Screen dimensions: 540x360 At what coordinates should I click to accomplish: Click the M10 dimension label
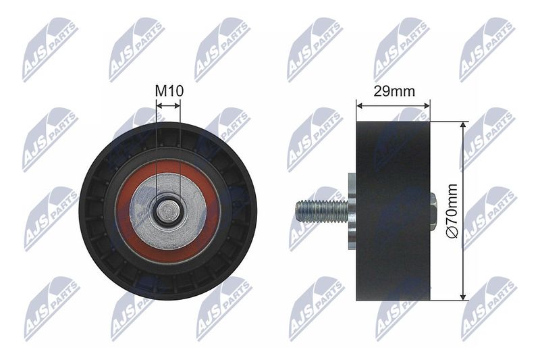pyautogui.click(x=169, y=91)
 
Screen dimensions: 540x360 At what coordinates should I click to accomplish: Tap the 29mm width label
pyautogui.click(x=394, y=91)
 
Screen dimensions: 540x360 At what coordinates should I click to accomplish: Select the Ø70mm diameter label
pyautogui.click(x=452, y=210)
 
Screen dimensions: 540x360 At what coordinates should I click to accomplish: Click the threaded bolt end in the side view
pyautogui.click(x=322, y=211)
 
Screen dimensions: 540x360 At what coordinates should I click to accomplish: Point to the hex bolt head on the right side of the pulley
pyautogui.click(x=434, y=211)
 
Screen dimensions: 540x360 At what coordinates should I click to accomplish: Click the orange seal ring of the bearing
pyautogui.click(x=167, y=211)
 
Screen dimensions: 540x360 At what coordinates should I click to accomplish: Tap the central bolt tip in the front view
pyautogui.click(x=168, y=211)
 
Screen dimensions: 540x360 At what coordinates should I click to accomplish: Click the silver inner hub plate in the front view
pyautogui.click(x=168, y=211)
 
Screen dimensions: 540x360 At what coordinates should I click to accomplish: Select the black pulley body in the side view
pyautogui.click(x=393, y=211)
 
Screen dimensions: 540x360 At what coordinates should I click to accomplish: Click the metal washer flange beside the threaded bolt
pyautogui.click(x=352, y=210)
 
